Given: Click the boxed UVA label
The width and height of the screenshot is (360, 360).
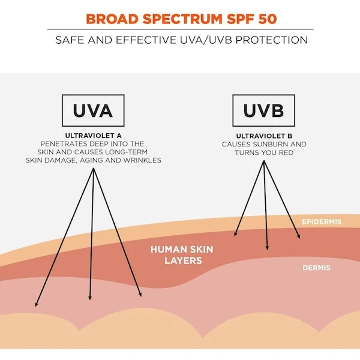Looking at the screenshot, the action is [x=93, y=110].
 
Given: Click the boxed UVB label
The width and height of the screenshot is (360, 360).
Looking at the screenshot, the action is [x=263, y=110].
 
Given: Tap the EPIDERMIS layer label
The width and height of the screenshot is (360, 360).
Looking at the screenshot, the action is [x=322, y=222].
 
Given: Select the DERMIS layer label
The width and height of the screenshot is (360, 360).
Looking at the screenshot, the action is [x=317, y=268].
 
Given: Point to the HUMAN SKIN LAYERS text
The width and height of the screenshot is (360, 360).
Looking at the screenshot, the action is [x=182, y=255].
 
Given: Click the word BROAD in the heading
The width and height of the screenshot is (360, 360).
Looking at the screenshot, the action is [x=112, y=19].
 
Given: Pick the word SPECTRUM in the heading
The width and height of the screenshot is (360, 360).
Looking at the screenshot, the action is [x=182, y=19].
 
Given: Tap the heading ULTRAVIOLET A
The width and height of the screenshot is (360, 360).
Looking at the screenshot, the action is [x=94, y=136].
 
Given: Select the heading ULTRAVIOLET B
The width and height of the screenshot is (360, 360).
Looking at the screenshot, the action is [x=264, y=136].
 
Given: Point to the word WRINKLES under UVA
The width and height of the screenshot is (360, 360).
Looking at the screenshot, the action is [x=142, y=160].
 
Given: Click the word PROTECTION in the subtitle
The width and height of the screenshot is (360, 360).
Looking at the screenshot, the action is [x=272, y=40].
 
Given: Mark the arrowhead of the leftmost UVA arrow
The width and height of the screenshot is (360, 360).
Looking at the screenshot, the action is [x=36, y=304].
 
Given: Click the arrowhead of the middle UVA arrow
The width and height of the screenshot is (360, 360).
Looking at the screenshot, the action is [x=90, y=298].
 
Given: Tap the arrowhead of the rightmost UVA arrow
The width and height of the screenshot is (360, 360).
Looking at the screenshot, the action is [x=140, y=295].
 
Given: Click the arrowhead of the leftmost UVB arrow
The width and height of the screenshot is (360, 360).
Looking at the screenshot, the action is [x=235, y=234].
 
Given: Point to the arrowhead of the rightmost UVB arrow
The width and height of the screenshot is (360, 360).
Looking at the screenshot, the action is [x=299, y=236].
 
